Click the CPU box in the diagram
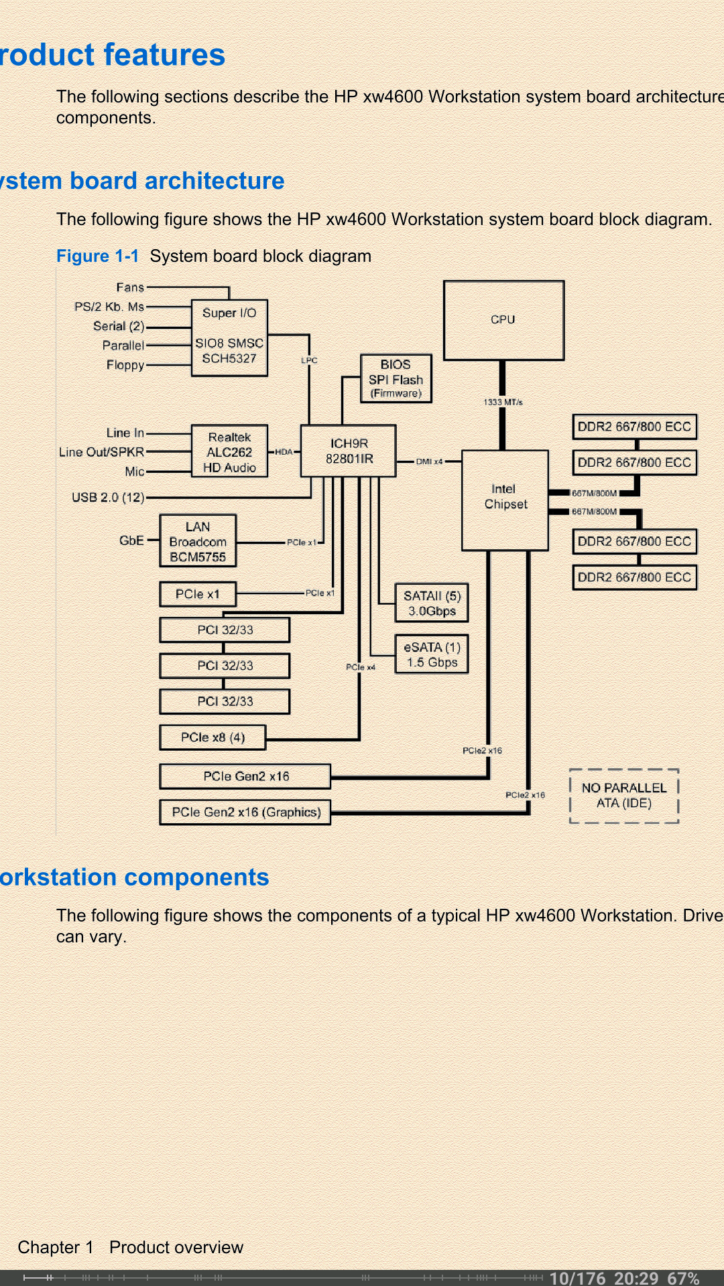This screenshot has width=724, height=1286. point(503,320)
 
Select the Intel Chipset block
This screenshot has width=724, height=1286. point(505,500)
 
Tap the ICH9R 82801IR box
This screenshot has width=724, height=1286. point(349,451)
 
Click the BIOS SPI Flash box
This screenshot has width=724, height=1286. point(396,378)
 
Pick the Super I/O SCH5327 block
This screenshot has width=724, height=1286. point(229,338)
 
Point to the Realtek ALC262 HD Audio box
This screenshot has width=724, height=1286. point(229,451)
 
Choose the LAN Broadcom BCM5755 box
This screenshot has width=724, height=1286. point(198,541)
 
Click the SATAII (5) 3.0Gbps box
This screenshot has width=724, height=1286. point(432,603)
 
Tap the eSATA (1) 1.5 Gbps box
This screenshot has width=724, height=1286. point(432,654)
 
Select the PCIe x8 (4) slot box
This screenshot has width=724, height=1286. point(213,737)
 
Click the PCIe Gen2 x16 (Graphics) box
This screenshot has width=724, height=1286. point(245,812)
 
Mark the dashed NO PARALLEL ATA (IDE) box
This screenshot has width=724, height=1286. point(624,796)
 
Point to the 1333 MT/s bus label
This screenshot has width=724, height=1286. point(503,402)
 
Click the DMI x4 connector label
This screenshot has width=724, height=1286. point(429,461)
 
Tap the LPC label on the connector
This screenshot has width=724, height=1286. point(309,360)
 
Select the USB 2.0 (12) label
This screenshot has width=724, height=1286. point(108,498)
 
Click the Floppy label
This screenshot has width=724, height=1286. point(125,365)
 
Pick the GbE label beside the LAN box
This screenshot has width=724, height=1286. point(131,541)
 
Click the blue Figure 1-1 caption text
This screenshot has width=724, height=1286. point(97,257)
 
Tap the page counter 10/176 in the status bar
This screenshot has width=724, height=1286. point(577,1278)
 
